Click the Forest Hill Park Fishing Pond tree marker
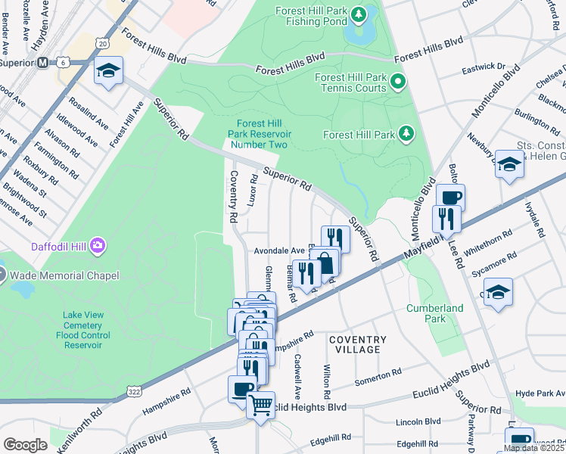(360, 14)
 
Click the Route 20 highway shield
(102, 45)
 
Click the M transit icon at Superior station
(43, 62)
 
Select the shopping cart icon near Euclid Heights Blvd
(260, 405)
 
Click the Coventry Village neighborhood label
(358, 345)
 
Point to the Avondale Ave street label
(278, 250)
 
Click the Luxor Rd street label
(251, 194)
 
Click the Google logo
(25, 444)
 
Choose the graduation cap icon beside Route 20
(108, 72)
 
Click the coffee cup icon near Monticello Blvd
(450, 198)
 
